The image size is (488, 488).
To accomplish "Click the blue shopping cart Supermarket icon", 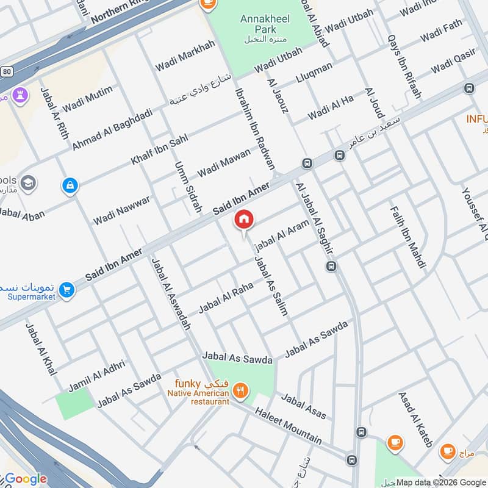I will coord(67,290).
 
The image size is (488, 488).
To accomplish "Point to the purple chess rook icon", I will coord(18,95).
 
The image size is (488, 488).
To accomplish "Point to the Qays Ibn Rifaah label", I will coord(404,66).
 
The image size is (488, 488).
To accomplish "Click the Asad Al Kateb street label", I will coord(416,419).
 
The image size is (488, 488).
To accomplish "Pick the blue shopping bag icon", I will coord(70,184).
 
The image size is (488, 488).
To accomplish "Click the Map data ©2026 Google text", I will coord(441,482).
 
